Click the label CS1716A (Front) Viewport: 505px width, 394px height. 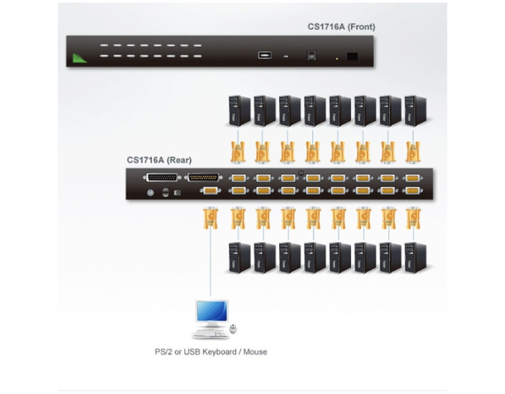click(x=341, y=27)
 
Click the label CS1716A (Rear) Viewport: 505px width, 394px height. click(x=159, y=160)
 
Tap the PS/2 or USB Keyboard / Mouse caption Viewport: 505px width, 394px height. click(x=211, y=352)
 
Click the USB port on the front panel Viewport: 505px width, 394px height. click(x=265, y=55)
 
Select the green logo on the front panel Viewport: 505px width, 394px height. click(x=79, y=58)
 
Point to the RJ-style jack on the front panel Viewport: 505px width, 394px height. click(x=312, y=55)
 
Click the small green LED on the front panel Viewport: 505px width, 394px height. click(x=337, y=59)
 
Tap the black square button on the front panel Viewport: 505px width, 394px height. click(x=352, y=56)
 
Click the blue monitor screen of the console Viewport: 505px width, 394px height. click(x=212, y=311)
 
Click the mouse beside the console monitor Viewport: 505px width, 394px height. click(x=233, y=328)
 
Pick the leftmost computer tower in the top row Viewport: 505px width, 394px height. click(x=239, y=111)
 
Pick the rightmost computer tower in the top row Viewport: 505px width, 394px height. click(x=415, y=111)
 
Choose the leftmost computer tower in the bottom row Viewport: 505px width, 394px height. click(x=239, y=258)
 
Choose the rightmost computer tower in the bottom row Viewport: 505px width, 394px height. click(x=415, y=258)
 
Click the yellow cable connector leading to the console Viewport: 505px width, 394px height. click(x=211, y=218)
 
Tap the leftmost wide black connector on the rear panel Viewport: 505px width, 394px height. click(x=162, y=177)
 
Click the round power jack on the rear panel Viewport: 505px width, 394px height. click(x=150, y=193)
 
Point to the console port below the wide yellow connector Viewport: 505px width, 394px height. click(x=211, y=191)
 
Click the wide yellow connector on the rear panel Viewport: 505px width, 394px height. click(x=203, y=177)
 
